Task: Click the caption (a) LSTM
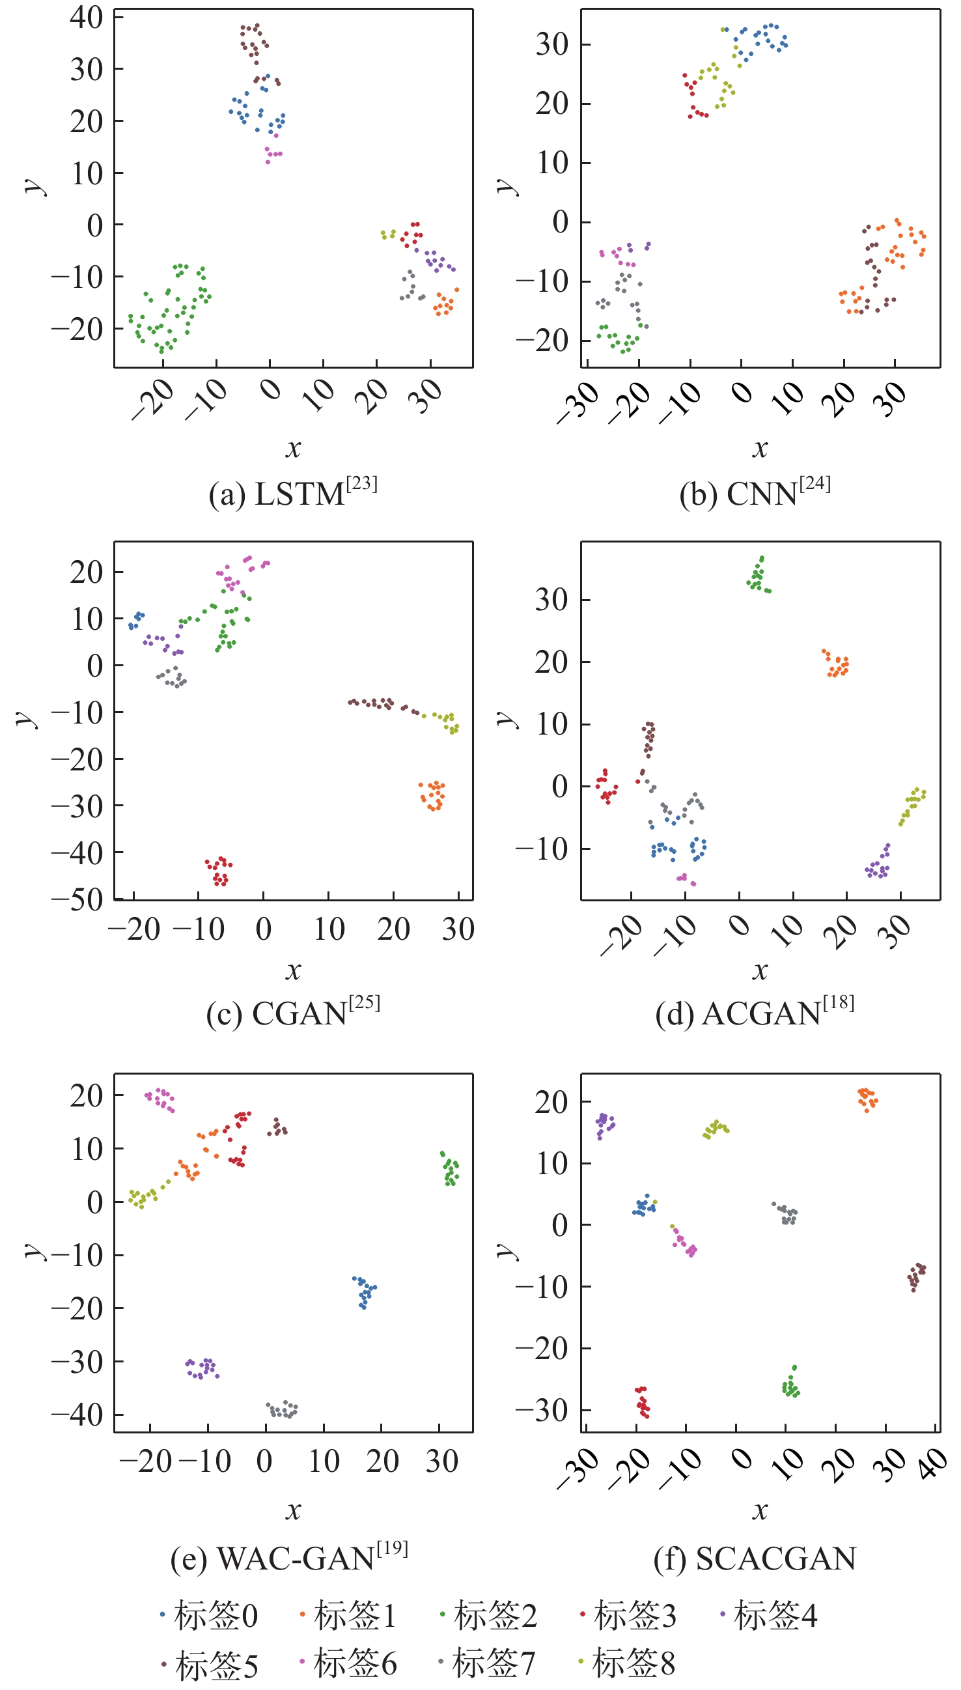pos(293,494)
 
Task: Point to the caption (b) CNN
pos(755,494)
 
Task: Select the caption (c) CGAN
pos(293,1013)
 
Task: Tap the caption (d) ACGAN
pos(755,1013)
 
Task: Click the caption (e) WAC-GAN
pos(289,1558)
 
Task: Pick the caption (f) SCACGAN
pos(755,1558)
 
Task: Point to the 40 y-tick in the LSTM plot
pos(87,17)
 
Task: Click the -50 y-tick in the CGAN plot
pos(78,899)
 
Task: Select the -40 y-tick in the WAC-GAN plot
pos(78,1414)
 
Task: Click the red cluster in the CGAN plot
pos(219,871)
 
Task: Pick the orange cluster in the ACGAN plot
pos(837,664)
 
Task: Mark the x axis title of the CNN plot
pos(760,449)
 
